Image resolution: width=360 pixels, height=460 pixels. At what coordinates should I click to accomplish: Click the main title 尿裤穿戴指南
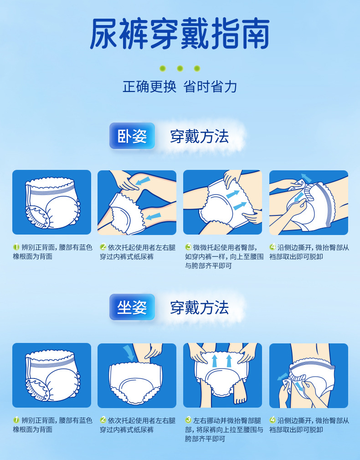pos(180,35)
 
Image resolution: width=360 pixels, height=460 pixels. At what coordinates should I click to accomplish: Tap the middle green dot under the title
pos(180,69)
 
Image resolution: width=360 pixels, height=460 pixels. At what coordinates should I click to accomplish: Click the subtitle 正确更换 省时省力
pos(180,87)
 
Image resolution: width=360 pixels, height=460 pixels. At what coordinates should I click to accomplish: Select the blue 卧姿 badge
pos(132,136)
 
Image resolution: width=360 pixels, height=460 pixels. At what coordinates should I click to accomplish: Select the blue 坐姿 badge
pos(132,307)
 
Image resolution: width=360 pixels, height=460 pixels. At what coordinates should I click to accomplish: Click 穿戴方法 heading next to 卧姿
pos(199,136)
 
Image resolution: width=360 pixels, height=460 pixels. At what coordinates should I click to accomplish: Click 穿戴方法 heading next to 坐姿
pos(199,308)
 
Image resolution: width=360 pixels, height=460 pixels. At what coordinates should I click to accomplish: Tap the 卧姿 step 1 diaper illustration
pos(51,202)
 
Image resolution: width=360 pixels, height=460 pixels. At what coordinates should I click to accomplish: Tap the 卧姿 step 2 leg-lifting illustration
pos(137,202)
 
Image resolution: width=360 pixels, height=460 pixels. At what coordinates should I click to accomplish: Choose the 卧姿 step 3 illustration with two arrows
pos(222,202)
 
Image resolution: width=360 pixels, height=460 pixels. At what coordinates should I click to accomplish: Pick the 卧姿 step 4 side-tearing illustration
pos(309,202)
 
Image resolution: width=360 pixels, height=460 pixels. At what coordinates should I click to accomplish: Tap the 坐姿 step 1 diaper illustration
pos(51,375)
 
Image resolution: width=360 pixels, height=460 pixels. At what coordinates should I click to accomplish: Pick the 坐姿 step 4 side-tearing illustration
pos(309,375)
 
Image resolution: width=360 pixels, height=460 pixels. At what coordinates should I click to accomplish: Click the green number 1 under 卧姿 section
pos(16,247)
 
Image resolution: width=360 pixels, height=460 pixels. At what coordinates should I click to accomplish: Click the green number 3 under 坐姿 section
pos(188,420)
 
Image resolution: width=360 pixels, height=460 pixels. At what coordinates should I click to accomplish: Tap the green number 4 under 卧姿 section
pos(273,247)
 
